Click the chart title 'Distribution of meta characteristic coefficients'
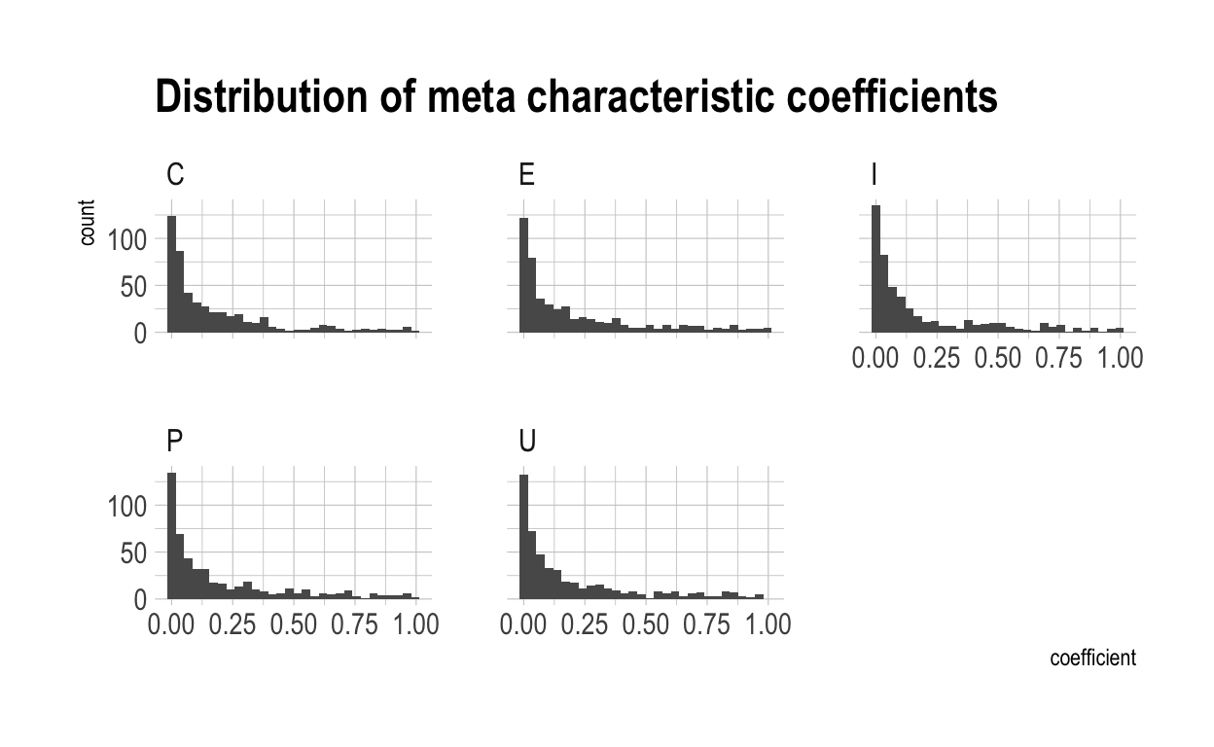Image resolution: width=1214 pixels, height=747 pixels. coord(576,98)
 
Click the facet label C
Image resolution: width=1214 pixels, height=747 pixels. coord(176,175)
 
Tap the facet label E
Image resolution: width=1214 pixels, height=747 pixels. coord(527,175)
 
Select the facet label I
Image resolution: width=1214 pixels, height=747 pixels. coord(875,175)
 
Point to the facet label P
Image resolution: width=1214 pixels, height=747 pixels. coord(175,442)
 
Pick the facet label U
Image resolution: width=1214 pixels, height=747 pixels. coord(528,442)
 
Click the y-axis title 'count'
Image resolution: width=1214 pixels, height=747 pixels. coord(88,223)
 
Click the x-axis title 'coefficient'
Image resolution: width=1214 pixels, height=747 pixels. coord(1092,658)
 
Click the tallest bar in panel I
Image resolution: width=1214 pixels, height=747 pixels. coord(875,268)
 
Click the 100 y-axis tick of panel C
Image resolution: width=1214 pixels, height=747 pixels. coord(125,239)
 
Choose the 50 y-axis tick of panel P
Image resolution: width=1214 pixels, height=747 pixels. coord(133,552)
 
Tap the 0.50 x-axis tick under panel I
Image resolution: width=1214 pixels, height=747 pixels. coord(997,358)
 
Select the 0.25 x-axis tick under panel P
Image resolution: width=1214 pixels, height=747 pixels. coord(232,624)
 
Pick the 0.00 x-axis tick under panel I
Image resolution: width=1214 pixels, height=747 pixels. coord(875,358)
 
